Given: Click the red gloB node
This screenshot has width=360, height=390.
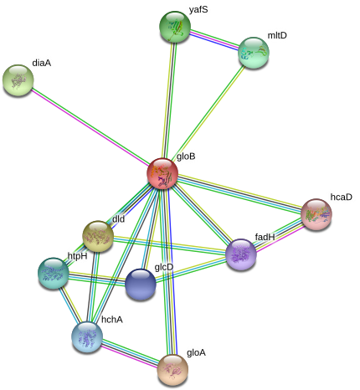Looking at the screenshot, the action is tap(162, 173).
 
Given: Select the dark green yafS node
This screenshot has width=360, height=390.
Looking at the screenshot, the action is tap(175, 27).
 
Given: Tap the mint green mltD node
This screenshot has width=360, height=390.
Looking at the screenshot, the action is tap(254, 53).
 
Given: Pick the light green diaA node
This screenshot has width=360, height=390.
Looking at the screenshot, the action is tap(18, 80).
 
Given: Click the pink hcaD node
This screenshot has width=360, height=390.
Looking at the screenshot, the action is tap(316, 214).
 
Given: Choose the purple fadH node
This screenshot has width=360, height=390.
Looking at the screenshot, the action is tap(241, 254).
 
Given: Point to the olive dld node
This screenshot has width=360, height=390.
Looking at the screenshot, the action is tap(98, 236).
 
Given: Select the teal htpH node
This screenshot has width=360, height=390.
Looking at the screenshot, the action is tap(54, 273).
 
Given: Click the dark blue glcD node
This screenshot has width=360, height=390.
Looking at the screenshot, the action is tap(141, 285).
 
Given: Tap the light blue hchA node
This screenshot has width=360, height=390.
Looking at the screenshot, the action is tap(87, 337).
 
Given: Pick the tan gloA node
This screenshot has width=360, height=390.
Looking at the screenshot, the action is tap(173, 370).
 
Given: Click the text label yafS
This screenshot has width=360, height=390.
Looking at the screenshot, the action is tap(198, 10).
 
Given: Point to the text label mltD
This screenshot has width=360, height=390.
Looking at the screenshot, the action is tap(277, 35).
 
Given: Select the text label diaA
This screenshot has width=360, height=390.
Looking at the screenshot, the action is tap(42, 63).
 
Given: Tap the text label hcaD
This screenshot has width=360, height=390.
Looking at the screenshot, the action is tap(342, 197).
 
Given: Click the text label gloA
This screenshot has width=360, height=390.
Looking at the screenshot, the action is tap(196, 353).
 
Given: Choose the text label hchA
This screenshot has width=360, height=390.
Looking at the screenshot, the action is tap(112, 320).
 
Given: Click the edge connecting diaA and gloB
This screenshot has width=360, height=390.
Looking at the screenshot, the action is tap(90, 127).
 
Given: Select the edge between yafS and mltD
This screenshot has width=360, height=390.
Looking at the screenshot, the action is tap(214, 39).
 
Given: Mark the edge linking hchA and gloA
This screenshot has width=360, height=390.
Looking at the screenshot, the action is tap(131, 353).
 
